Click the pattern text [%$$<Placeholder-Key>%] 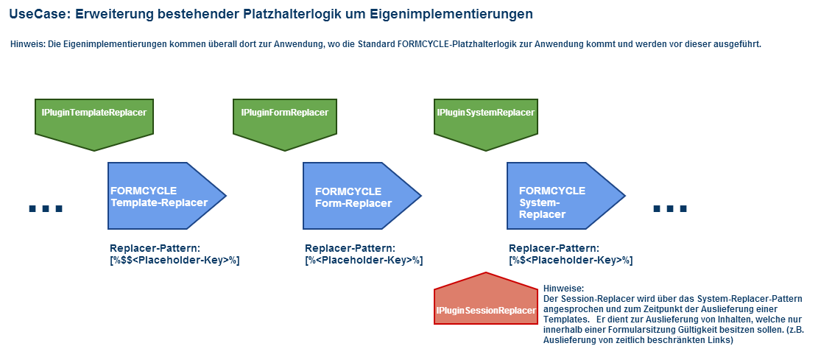point(175,261)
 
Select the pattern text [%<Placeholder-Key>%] point(364,261)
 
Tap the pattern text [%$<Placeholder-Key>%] point(571,261)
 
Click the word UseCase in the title point(40,15)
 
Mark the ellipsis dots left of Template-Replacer point(46,208)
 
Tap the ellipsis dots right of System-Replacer point(671,208)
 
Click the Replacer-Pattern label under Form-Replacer point(350,248)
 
